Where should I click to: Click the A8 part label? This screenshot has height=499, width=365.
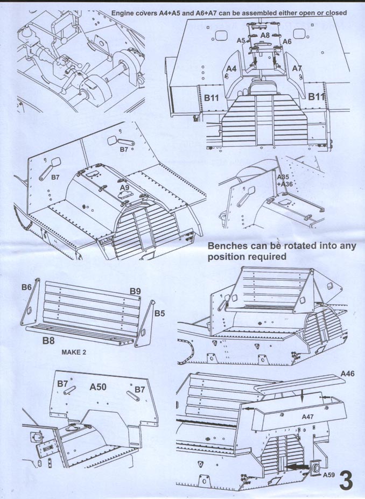tap(265, 34)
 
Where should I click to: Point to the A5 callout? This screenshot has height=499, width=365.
tap(241, 40)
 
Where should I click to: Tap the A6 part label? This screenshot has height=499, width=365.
tap(287, 41)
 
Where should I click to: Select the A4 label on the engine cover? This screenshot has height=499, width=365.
tap(231, 68)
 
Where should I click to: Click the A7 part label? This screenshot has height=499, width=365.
tap(297, 68)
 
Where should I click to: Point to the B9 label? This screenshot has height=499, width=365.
tap(135, 291)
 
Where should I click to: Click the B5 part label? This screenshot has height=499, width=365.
tap(160, 313)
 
